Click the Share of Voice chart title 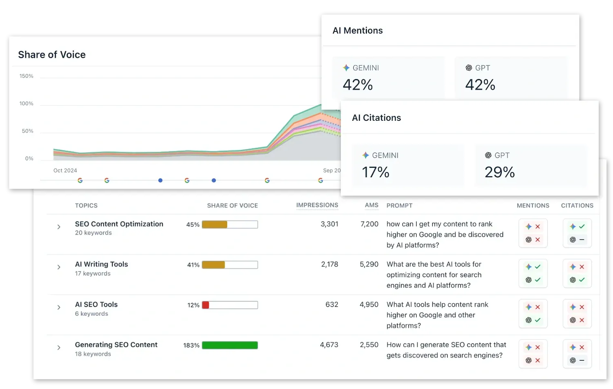click(x=52, y=55)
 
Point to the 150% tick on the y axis click(x=26, y=76)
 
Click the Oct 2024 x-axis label click(x=65, y=170)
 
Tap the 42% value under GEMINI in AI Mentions click(x=358, y=85)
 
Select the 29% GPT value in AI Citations click(x=499, y=172)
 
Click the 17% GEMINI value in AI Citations click(x=376, y=172)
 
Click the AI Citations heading click(x=376, y=118)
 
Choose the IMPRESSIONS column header click(x=317, y=205)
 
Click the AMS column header click(x=371, y=205)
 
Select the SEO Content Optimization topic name click(x=119, y=224)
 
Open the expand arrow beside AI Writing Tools click(x=59, y=267)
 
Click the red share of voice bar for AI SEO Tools click(x=206, y=305)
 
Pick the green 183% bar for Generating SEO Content click(x=230, y=345)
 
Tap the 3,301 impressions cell click(x=329, y=224)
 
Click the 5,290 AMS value click(x=369, y=265)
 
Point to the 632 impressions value click(x=332, y=305)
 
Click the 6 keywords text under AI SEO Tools click(x=92, y=314)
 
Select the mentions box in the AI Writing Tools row click(x=533, y=273)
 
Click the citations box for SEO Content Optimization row click(x=577, y=233)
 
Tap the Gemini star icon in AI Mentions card click(x=346, y=68)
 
